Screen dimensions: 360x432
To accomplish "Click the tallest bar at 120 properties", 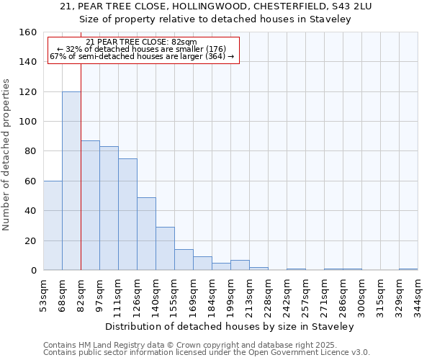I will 71,180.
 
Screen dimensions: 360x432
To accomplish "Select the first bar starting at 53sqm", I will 53,225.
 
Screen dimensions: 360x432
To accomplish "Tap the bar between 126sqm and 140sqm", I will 146,233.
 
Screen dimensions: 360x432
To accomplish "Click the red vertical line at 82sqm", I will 81,166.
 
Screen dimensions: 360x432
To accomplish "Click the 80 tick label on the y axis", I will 31,151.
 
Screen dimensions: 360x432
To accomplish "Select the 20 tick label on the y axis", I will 31,240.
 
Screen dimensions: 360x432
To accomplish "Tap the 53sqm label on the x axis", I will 43,292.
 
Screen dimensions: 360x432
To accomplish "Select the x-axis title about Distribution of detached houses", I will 235,326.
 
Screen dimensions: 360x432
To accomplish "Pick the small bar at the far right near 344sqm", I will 408,269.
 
